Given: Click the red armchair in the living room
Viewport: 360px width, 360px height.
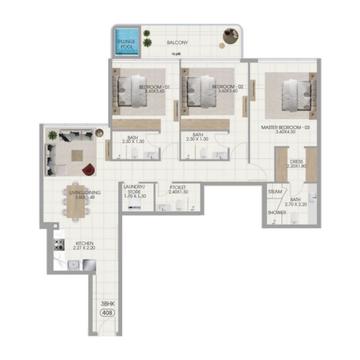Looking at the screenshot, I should pos(89,169).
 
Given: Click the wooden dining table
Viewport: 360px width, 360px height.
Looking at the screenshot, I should pos(75,201).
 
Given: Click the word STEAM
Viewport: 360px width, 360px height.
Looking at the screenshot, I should pos(275,192).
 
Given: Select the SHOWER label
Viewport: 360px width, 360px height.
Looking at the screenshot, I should pos(277,212).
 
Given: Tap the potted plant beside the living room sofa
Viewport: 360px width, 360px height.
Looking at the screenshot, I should pos(53,135).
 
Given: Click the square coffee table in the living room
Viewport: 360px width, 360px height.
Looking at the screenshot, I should pos(77,155).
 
